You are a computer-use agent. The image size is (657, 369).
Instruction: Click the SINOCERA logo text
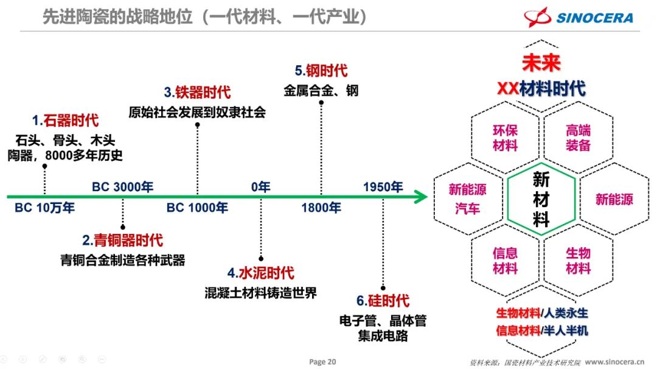click(594, 18)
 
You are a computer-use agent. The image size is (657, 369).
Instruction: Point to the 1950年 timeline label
click(383, 187)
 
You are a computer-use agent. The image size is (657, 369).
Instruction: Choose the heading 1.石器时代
click(65, 121)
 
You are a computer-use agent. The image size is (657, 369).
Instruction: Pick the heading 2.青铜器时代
click(123, 241)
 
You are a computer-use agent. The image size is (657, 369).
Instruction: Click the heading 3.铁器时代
click(197, 93)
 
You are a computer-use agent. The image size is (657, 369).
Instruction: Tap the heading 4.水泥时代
click(261, 272)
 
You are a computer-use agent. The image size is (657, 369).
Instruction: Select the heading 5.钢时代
click(321, 71)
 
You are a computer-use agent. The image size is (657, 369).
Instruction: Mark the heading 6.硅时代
click(383, 301)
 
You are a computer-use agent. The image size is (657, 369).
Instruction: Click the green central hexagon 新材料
click(541, 199)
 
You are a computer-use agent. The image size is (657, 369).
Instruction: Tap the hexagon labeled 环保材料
click(505, 138)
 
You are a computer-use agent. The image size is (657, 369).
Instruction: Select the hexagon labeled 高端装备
click(578, 138)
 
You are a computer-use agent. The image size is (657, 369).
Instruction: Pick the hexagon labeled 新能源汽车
click(468, 199)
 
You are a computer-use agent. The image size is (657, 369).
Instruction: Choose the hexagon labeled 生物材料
click(578, 260)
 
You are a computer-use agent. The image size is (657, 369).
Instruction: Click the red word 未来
click(541, 63)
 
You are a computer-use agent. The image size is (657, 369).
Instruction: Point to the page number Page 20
click(322, 362)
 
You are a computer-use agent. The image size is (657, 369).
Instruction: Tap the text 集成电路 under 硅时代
click(383, 336)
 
